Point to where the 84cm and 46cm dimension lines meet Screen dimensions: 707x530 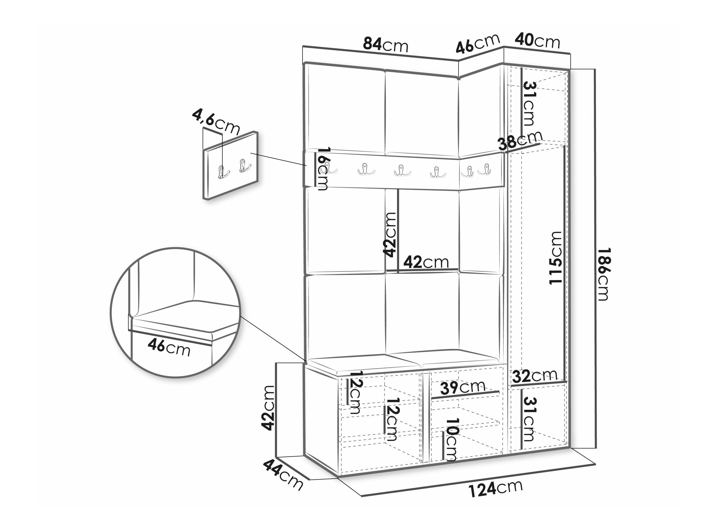point(459,61)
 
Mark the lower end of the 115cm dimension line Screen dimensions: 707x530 point(565,382)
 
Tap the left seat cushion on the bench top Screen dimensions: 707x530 point(363,364)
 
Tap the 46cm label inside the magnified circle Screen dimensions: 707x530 point(169,348)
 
